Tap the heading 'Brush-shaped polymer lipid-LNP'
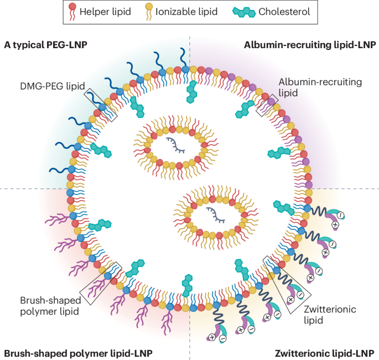click(x=78, y=352)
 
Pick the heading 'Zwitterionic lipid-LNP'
click(x=325, y=352)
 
